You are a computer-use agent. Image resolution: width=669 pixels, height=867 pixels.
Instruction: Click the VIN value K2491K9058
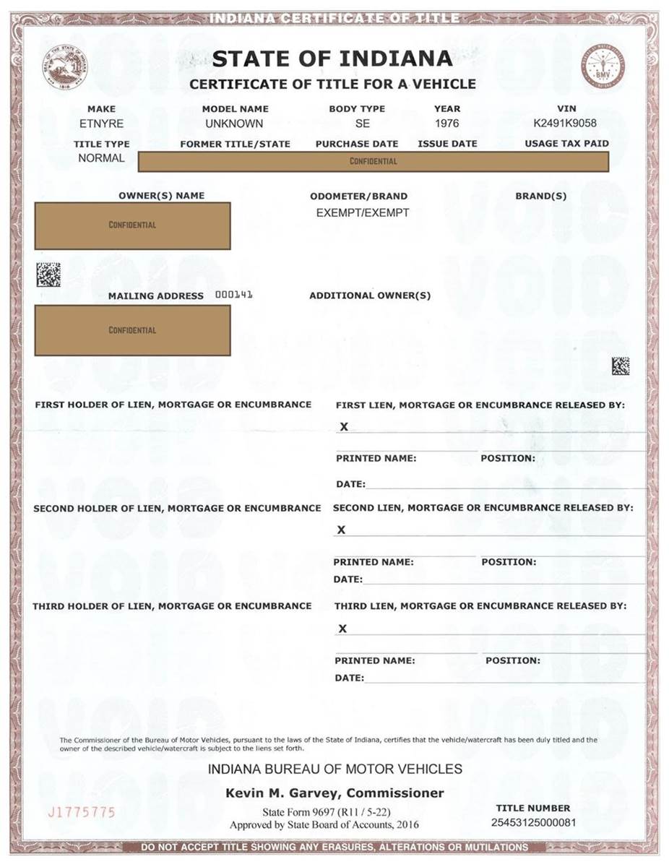pyautogui.click(x=566, y=124)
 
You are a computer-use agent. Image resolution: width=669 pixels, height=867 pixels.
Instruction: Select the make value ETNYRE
pyautogui.click(x=101, y=124)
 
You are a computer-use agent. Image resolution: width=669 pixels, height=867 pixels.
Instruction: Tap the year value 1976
pyautogui.click(x=446, y=124)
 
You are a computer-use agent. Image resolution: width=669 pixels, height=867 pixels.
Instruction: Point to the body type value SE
pyautogui.click(x=363, y=124)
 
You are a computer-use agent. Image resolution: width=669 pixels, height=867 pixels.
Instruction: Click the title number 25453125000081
pyautogui.click(x=533, y=822)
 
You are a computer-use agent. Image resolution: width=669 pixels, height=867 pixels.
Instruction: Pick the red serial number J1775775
pyautogui.click(x=81, y=813)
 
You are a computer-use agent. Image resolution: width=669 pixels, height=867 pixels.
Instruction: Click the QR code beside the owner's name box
pyautogui.click(x=48, y=274)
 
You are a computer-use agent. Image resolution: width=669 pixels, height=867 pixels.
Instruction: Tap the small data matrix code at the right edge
pyautogui.click(x=620, y=366)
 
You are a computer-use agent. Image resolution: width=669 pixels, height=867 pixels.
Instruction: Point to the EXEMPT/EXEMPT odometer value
pyautogui.click(x=363, y=213)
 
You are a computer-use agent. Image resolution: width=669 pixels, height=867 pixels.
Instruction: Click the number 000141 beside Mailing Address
pyautogui.click(x=234, y=295)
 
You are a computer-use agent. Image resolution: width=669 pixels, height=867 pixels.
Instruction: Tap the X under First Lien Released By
pyautogui.click(x=344, y=427)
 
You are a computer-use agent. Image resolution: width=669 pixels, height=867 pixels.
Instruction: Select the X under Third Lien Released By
pyautogui.click(x=342, y=629)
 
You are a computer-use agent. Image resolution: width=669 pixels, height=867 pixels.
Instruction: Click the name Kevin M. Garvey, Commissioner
pyautogui.click(x=334, y=793)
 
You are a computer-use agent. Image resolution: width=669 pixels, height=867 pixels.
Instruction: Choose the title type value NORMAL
pyautogui.click(x=101, y=158)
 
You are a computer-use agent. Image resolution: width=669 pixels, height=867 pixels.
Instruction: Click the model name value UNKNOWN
pyautogui.click(x=234, y=124)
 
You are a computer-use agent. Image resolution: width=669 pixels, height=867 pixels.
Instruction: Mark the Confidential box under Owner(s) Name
pyautogui.click(x=133, y=225)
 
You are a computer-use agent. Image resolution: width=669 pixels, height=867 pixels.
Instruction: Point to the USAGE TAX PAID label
pyautogui.click(x=566, y=144)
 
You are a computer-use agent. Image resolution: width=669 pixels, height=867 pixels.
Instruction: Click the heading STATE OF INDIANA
pyautogui.click(x=333, y=59)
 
